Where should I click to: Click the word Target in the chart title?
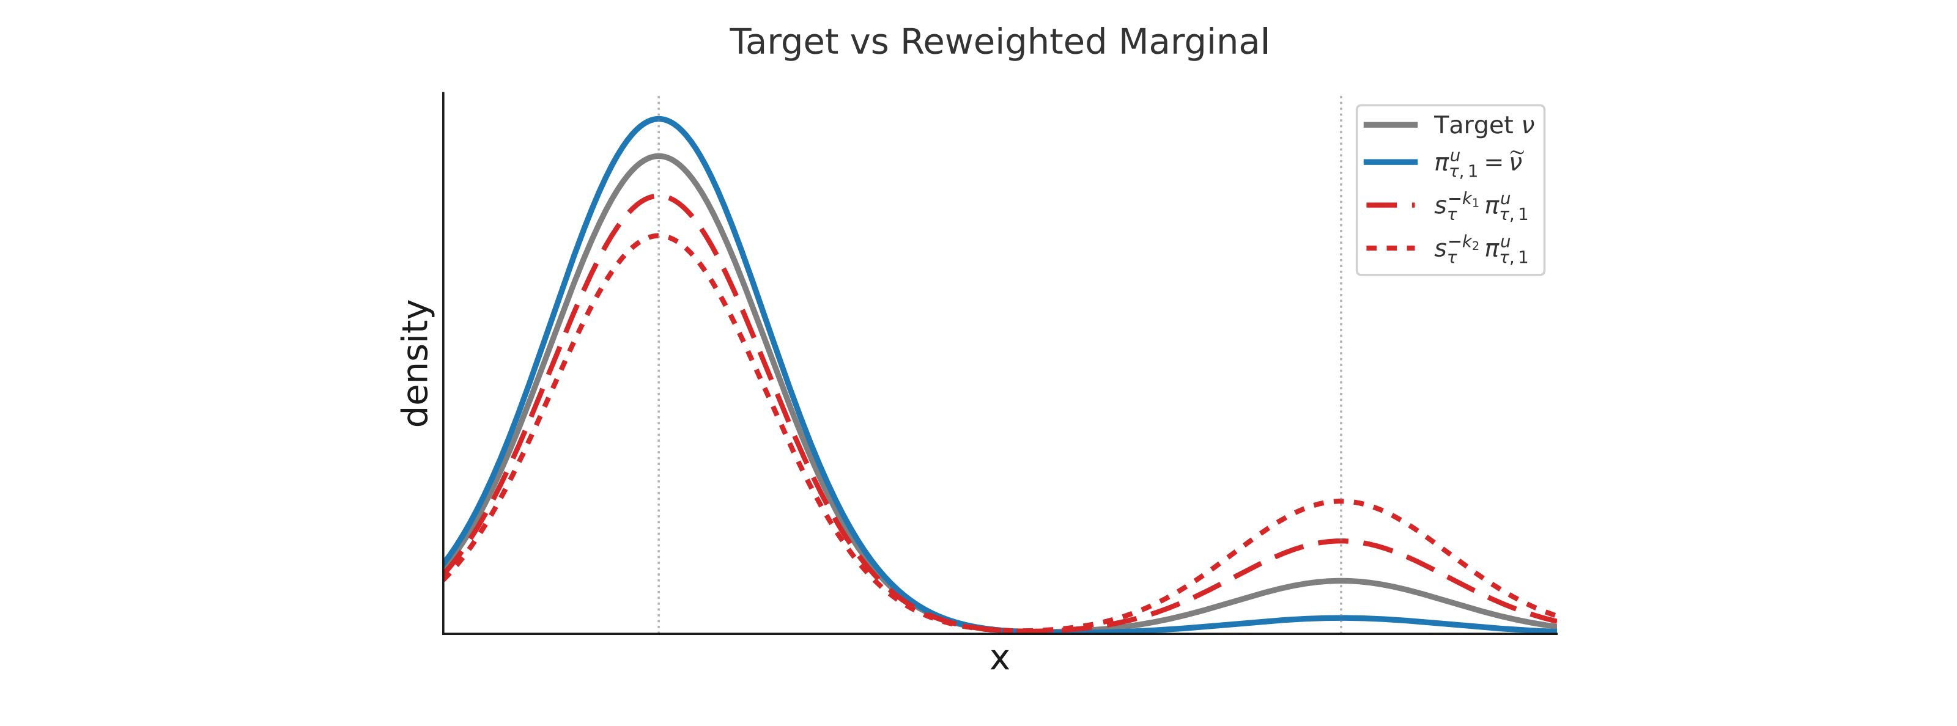click(x=783, y=43)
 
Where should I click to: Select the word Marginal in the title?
click(x=1194, y=43)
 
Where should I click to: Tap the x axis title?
click(x=999, y=659)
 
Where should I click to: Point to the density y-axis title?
click(x=416, y=363)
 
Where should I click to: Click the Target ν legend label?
click(x=1483, y=125)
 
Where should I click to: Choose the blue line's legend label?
click(x=1478, y=164)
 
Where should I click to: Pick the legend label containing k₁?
click(x=1481, y=206)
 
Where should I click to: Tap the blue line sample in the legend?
click(x=1390, y=163)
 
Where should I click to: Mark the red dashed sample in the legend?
click(x=1390, y=205)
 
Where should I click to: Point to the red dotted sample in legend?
click(x=1390, y=248)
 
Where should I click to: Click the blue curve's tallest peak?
click(x=659, y=119)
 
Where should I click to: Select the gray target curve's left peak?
click(x=659, y=156)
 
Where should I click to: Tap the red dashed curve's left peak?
click(x=659, y=196)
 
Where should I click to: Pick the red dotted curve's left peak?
click(x=659, y=235)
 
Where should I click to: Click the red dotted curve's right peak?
click(x=1341, y=501)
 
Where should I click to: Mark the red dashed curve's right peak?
click(x=1341, y=541)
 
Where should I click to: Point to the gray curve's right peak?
click(x=1341, y=581)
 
